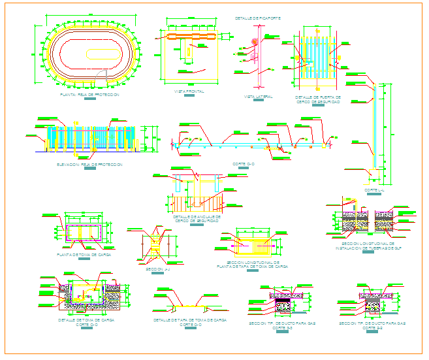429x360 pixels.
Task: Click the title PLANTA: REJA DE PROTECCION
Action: pyautogui.click(x=89, y=95)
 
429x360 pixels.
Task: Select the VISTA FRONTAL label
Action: pyautogui.click(x=189, y=91)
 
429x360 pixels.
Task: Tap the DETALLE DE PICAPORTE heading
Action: pyautogui.click(x=257, y=18)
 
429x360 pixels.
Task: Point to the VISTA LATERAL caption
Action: pyautogui.click(x=259, y=97)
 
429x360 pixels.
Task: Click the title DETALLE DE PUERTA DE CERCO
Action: pyautogui.click(x=317, y=99)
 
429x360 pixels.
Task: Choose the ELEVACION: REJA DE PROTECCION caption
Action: pyautogui.click(x=89, y=165)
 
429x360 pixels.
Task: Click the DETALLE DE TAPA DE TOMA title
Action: pyautogui.click(x=190, y=321)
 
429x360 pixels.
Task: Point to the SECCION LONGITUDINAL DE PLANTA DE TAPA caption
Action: pyautogui.click(x=253, y=265)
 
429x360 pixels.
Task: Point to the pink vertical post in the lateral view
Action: pyautogui.click(x=254, y=56)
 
